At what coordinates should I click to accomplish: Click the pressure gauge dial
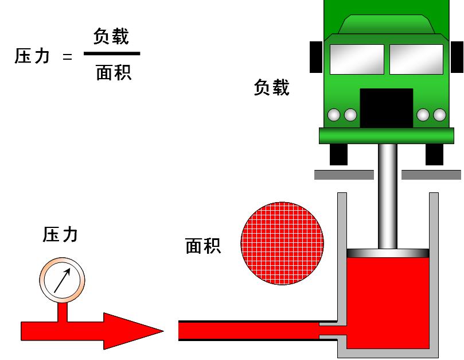point(63,280)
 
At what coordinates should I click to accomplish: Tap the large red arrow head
point(131,331)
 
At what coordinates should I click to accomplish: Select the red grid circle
point(282,243)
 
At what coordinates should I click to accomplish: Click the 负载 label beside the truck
point(272,88)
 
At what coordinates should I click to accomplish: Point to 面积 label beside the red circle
point(204,246)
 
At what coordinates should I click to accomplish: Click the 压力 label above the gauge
point(60,234)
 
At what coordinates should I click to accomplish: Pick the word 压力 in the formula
point(33,56)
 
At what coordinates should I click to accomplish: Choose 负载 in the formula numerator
point(111,37)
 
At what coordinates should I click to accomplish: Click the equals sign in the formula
point(68,57)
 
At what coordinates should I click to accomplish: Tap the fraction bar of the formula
point(112,54)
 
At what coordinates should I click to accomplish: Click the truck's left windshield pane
point(357,59)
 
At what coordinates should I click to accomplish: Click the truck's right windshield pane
point(416,59)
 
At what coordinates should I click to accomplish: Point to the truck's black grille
point(386,108)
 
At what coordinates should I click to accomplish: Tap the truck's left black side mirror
point(315,57)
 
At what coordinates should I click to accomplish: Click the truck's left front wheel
point(338,154)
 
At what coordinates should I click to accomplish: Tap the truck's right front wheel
point(434,154)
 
